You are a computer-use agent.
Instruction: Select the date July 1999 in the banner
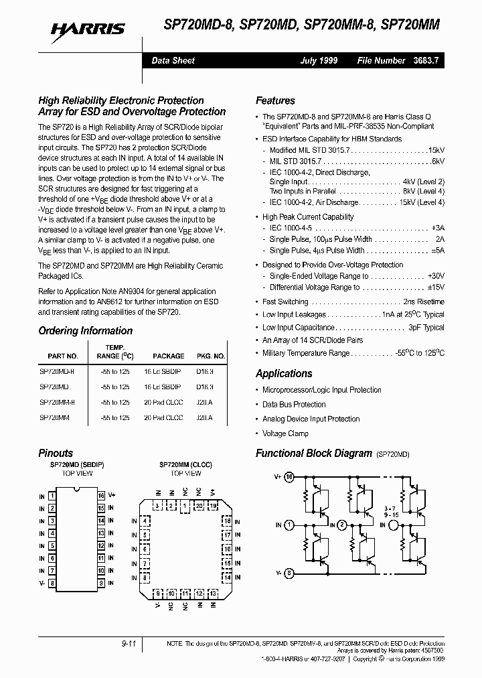click(x=318, y=60)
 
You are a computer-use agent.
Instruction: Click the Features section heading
click(x=275, y=100)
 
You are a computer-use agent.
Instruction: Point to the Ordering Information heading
click(x=85, y=331)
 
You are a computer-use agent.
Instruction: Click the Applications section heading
click(x=284, y=374)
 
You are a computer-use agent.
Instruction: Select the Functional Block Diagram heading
click(x=313, y=453)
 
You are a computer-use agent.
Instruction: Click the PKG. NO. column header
click(x=210, y=356)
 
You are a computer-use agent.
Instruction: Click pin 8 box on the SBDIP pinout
click(x=52, y=583)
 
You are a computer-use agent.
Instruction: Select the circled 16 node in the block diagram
click(x=289, y=478)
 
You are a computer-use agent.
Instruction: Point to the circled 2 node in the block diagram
click(x=342, y=525)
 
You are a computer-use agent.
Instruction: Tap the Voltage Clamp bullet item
click(x=285, y=433)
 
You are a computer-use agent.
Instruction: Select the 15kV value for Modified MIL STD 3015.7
click(x=436, y=151)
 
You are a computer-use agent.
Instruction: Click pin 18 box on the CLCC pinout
click(x=227, y=521)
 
